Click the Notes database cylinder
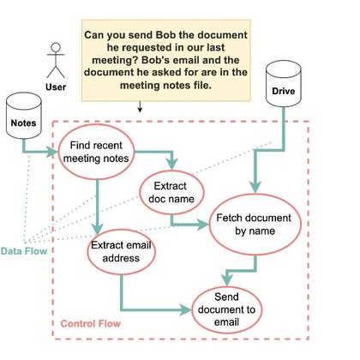pos(24,116)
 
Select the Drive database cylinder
pos(284,84)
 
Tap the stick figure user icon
pos(56,60)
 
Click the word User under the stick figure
pos(56,87)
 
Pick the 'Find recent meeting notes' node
pos(96,152)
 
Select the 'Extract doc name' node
pos(171,192)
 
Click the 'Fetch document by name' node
pos(255,225)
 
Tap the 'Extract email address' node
pos(121,252)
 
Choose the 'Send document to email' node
pos(226,309)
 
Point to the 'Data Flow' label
pos(24,251)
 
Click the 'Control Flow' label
pos(91,323)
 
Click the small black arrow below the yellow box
pos(140,106)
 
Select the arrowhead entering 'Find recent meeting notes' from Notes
pos(54,152)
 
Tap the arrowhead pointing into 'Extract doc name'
pos(172,165)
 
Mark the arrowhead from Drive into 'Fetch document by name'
pos(255,189)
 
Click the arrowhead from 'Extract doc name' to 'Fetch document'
pos(204,225)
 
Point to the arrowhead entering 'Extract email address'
pos(98,229)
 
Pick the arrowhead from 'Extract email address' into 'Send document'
pos(186,309)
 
